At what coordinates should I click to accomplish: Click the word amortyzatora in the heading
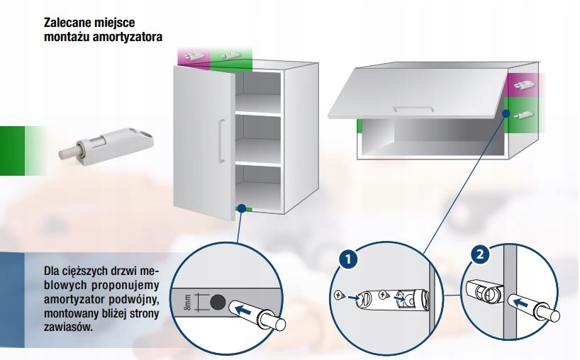click(133, 36)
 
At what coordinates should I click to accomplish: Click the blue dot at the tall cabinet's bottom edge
click(242, 208)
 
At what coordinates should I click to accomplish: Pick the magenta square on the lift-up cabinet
click(523, 85)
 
